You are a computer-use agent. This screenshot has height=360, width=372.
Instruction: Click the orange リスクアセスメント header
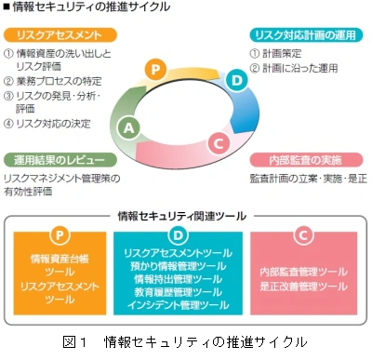(64, 35)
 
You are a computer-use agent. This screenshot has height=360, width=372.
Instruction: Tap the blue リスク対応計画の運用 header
(306, 35)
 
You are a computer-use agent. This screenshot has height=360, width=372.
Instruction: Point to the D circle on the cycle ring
(237, 82)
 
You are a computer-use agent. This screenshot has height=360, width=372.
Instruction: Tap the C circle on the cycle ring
(217, 141)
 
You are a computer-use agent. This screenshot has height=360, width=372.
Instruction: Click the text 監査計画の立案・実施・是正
(307, 177)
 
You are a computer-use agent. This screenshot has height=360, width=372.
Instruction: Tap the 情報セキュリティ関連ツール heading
(186, 215)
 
